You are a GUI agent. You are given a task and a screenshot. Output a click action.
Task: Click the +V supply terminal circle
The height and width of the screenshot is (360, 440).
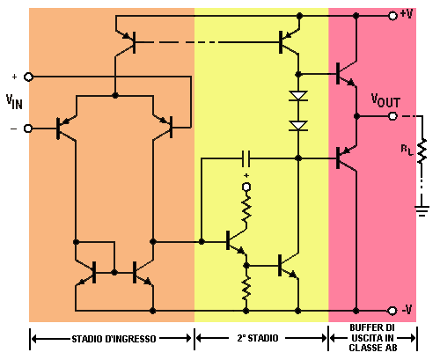pos(392,16)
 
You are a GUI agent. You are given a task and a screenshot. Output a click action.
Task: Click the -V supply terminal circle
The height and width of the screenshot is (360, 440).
pos(392,311)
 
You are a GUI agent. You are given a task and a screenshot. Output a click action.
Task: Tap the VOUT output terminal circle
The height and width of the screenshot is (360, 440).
pos(392,116)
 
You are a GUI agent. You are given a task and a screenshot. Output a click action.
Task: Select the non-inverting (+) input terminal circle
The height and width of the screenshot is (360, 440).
pos(28,77)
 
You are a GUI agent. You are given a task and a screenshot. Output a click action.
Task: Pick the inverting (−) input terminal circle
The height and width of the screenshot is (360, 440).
pos(28,129)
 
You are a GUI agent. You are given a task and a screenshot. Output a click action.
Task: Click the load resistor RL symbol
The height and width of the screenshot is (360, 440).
pos(422,151)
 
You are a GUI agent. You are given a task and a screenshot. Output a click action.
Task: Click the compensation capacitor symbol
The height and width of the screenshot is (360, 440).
pos(246,158)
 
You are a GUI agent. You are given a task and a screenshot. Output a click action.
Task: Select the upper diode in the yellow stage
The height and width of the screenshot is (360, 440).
pos(298,96)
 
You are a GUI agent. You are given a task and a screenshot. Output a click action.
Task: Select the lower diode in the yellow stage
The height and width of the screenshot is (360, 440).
pos(298,125)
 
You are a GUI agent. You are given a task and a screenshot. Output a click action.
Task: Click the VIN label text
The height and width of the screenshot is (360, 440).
pos(14,102)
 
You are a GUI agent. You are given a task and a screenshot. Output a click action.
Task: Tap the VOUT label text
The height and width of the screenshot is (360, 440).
pos(385,100)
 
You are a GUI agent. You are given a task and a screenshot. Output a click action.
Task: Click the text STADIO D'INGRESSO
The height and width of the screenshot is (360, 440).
pos(114,339)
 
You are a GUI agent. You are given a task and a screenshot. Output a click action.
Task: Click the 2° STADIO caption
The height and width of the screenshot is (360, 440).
pos(258,338)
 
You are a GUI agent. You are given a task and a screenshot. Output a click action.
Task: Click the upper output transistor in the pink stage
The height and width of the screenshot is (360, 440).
pos(346,73)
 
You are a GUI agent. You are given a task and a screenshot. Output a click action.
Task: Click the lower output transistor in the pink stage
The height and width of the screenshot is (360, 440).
pos(346,158)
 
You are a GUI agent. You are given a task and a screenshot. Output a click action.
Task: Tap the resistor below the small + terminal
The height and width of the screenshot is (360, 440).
pos(246,208)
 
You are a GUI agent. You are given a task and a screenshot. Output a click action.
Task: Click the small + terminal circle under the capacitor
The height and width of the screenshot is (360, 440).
pos(246,187)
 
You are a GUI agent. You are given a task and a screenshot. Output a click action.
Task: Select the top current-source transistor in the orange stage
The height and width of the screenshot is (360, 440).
pos(126,42)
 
